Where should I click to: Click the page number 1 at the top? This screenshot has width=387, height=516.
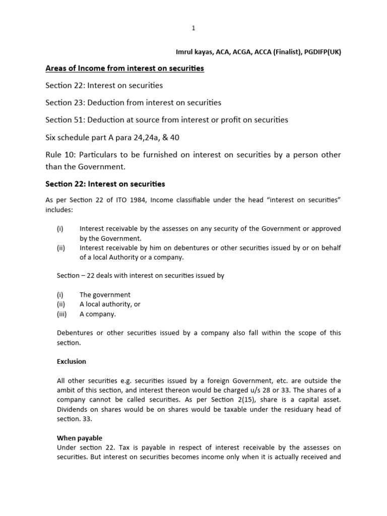[x=193, y=28]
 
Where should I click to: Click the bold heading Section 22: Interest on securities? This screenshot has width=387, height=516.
[x=105, y=184]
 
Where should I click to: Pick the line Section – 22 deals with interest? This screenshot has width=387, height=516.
[x=140, y=276]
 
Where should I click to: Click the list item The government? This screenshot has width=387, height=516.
[x=105, y=295]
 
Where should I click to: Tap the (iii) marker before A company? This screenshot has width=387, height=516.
[x=62, y=314]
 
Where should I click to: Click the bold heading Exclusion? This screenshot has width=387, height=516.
[x=71, y=361]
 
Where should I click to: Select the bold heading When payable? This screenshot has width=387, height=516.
[x=80, y=438]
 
